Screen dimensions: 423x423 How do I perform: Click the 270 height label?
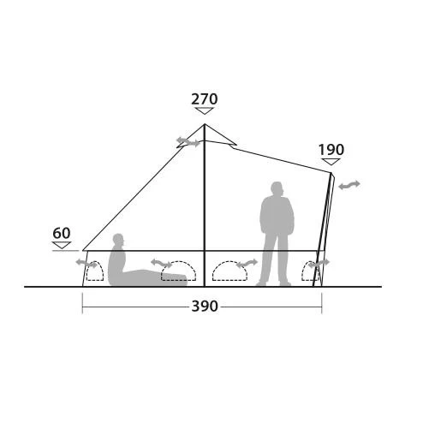coord(205,99)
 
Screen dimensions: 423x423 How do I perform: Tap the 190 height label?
coord(331,150)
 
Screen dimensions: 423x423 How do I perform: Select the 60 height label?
coord(62,233)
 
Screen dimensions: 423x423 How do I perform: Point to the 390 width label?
coord(205,307)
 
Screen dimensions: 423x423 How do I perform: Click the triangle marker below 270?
coord(205,110)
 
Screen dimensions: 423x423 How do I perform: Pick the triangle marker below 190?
coord(331,162)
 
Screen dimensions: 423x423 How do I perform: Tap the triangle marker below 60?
coord(62,245)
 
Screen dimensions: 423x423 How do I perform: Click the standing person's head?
coord(277,189)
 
